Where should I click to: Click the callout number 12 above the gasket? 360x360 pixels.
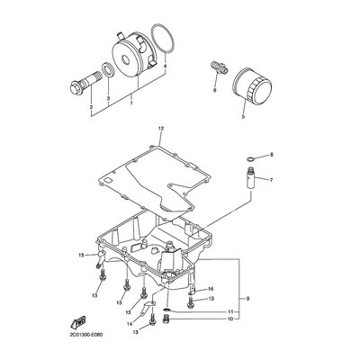point(161,129)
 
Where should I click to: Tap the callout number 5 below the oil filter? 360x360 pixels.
point(243,116)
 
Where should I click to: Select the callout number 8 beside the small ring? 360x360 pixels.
point(272,155)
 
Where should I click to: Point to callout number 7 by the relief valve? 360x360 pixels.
point(271,180)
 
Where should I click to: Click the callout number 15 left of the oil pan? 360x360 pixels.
point(81,256)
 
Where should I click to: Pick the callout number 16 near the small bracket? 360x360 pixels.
point(211,289)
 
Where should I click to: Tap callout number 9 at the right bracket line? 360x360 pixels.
point(247,299)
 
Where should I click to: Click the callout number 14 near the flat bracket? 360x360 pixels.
point(130,324)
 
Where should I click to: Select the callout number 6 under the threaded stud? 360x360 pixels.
point(214,90)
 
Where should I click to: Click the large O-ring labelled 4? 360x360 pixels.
point(163,40)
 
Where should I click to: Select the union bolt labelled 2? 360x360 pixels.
point(80,84)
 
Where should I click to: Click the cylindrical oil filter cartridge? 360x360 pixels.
point(253,86)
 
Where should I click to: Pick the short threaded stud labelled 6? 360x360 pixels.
point(219,67)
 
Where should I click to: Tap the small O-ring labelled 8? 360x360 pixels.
point(251,158)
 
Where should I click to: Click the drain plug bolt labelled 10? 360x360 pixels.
point(165,319)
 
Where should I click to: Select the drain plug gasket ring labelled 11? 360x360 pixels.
point(167,310)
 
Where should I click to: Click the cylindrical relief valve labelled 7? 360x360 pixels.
point(250,178)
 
